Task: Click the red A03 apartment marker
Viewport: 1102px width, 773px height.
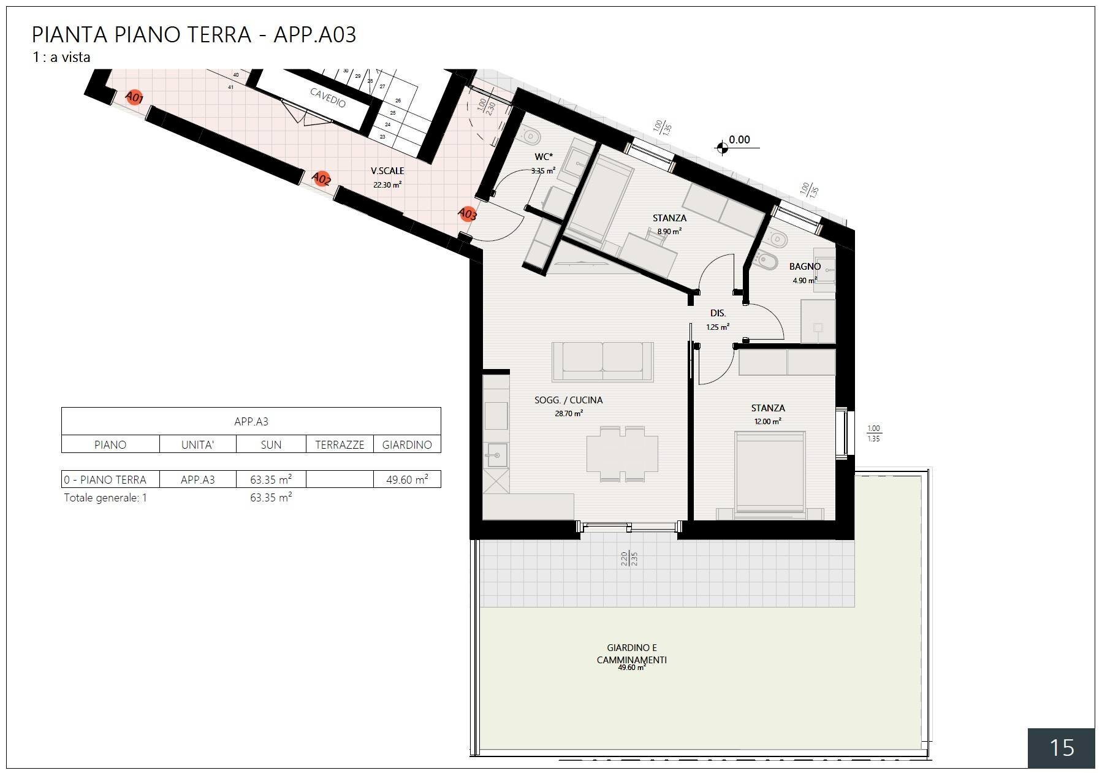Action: pos(467,214)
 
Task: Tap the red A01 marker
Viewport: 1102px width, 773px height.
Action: pos(134,97)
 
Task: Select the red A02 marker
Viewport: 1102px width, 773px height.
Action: pos(321,178)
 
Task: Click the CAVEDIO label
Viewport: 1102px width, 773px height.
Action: pos(328,97)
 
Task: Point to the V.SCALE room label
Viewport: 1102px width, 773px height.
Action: pos(387,171)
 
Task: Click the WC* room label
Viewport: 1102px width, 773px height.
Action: pos(543,157)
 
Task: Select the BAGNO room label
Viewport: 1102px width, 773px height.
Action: pos(805,267)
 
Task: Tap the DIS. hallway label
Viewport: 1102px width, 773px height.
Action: pos(718,313)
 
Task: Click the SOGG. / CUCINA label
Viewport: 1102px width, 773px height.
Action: pos(568,400)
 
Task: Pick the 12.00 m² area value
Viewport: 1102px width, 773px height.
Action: pos(767,422)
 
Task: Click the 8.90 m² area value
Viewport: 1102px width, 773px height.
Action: pos(669,232)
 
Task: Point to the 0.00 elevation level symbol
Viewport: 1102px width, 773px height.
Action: pos(722,147)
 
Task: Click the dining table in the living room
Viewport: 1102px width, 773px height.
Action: pos(622,454)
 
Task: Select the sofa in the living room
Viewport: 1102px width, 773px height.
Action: pos(602,361)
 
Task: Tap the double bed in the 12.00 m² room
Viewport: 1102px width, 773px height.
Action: pos(770,471)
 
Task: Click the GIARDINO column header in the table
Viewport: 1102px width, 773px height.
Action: pos(407,445)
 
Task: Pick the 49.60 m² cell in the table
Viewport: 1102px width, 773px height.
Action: pos(407,479)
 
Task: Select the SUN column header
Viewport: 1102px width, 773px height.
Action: pos(271,445)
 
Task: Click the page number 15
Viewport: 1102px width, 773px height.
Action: pos(1062,748)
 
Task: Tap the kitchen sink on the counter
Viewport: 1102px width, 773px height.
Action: pos(496,455)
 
